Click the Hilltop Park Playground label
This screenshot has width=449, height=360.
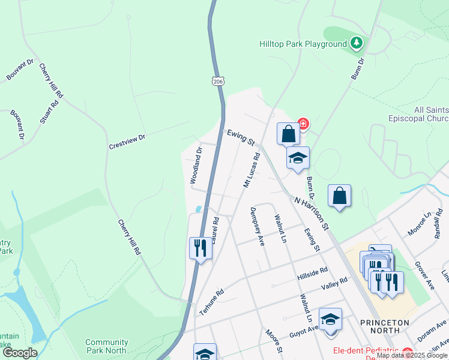click(303, 44)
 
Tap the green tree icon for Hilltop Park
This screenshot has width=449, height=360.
click(357, 43)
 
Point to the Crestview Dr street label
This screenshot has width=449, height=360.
click(127, 142)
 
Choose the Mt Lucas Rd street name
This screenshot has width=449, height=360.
click(252, 170)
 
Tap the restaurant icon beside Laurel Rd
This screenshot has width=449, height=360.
click(200, 247)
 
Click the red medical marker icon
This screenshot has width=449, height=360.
click(303, 125)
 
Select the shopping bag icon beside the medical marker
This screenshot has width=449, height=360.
click(288, 133)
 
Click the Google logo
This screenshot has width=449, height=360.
click(20, 352)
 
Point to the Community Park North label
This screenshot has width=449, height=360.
click(106, 346)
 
